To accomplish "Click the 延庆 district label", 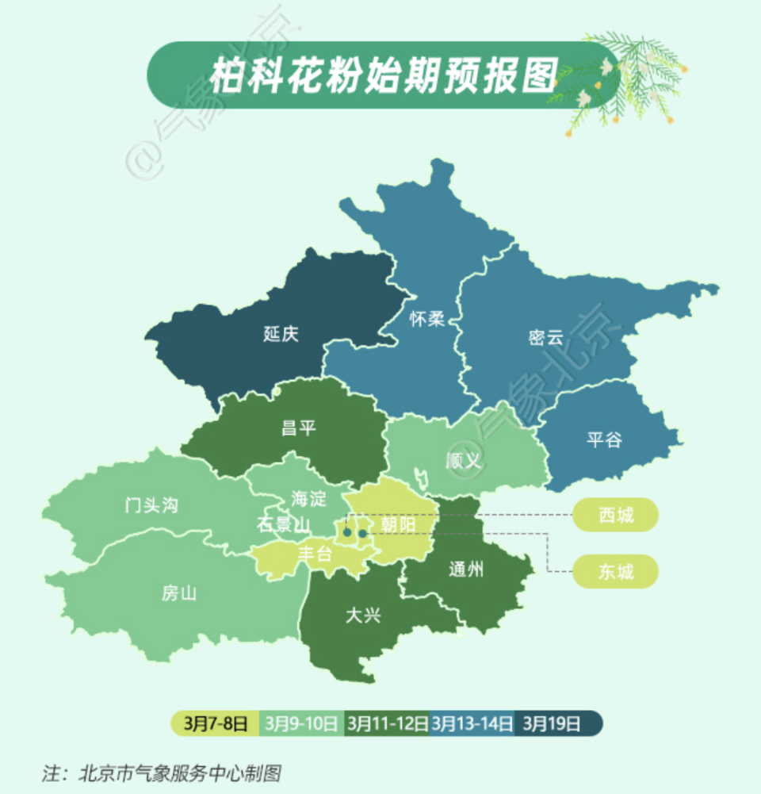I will click(x=281, y=334).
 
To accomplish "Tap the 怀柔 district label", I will click(x=426, y=319).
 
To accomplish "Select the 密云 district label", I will click(x=545, y=337).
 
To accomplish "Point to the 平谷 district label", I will click(x=604, y=439).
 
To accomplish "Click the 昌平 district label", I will click(x=298, y=428).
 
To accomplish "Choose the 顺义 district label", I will click(x=464, y=460).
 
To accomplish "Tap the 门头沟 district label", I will click(x=151, y=505).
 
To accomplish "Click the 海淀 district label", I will click(x=308, y=499).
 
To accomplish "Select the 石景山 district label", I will click(x=283, y=524).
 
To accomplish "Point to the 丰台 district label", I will click(x=314, y=554).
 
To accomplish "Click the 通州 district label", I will click(x=465, y=569).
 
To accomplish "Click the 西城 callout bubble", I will click(x=616, y=516).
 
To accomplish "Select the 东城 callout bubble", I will click(x=616, y=570).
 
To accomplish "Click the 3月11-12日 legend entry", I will click(x=388, y=723).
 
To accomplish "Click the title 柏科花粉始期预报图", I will click(x=384, y=75).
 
